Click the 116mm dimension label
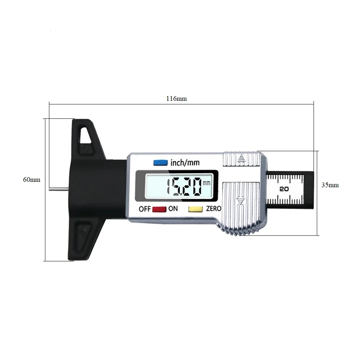tap(176, 99)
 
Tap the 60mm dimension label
tap(32, 180)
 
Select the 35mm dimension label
tap(330, 185)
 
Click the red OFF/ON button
tap(159, 209)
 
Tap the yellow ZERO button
tap(195, 209)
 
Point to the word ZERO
tap(213, 208)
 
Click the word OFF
tap(145, 209)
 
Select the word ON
tap(173, 208)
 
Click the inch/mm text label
tap(185, 163)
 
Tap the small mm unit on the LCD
tap(206, 183)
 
